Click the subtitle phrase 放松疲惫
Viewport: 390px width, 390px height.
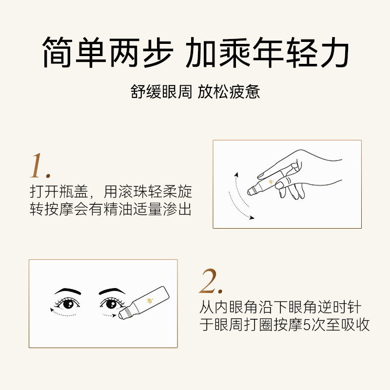pyautogui.click(x=229, y=92)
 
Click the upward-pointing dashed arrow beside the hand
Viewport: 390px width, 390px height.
pyautogui.click(x=234, y=185)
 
